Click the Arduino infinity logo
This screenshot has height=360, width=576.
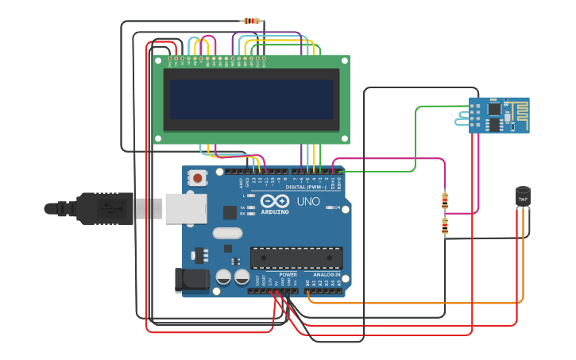click(276, 201)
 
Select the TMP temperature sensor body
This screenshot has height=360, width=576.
click(523, 195)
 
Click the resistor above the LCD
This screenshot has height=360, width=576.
click(252, 21)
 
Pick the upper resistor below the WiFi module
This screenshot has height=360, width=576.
click(444, 199)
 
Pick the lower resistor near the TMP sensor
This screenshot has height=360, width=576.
click(445, 227)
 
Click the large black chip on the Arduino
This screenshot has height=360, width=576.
click(296, 257)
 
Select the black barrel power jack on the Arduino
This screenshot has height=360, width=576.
click(191, 280)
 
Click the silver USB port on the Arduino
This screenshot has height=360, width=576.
click(185, 208)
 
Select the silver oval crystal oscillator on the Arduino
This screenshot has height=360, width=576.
click(227, 233)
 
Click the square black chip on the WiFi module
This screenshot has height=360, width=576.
click(494, 110)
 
